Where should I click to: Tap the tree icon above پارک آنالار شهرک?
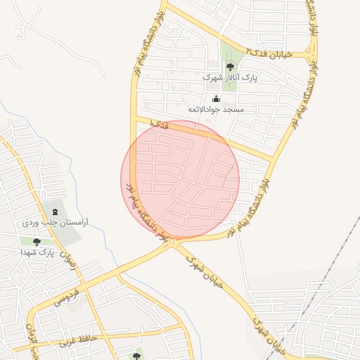(231, 67)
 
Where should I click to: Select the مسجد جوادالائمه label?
(215, 110)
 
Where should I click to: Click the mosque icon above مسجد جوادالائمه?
(215, 99)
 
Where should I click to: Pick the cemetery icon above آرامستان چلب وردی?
(54, 211)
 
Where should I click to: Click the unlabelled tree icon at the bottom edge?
(136, 352)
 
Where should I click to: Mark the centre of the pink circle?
(180, 179)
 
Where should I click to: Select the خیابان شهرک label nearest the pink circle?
(205, 269)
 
